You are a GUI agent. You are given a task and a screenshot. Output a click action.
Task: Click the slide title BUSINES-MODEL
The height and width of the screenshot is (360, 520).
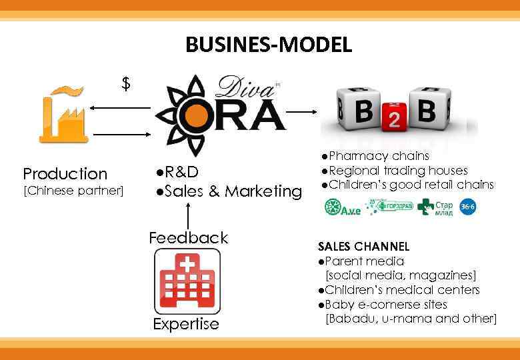[x=268, y=45]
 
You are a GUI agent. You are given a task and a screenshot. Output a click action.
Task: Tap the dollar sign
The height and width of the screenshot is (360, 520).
[x=126, y=84]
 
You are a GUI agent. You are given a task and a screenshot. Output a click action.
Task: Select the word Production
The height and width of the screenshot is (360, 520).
[x=65, y=174]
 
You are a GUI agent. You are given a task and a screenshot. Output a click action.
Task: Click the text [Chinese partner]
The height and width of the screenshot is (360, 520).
[x=73, y=192]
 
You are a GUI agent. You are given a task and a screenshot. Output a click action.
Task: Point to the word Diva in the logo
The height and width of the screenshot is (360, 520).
[x=241, y=89]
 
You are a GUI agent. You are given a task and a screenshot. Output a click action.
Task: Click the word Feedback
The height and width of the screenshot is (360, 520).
[x=188, y=238]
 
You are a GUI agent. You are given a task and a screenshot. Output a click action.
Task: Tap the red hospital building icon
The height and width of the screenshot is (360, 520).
[x=187, y=281]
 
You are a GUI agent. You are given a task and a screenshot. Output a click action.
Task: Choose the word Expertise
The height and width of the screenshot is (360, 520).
[x=186, y=325]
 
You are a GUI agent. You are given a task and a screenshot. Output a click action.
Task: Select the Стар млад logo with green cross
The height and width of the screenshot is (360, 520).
[x=435, y=207]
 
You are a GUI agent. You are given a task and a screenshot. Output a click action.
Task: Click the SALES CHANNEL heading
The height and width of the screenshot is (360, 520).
[x=363, y=247]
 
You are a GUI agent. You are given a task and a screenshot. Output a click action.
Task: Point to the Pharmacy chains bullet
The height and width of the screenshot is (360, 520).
[x=373, y=156]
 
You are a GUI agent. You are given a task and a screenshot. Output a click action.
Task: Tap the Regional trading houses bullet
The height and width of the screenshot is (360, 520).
[x=393, y=171]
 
